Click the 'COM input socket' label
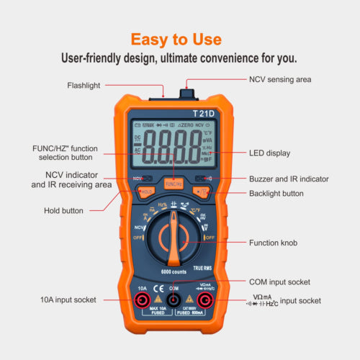pyautogui.click(x=279, y=282)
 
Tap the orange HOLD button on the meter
pyautogui.click(x=146, y=192)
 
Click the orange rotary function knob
pyautogui.click(x=174, y=241)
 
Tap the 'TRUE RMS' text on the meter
pyautogui.click(x=202, y=267)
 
